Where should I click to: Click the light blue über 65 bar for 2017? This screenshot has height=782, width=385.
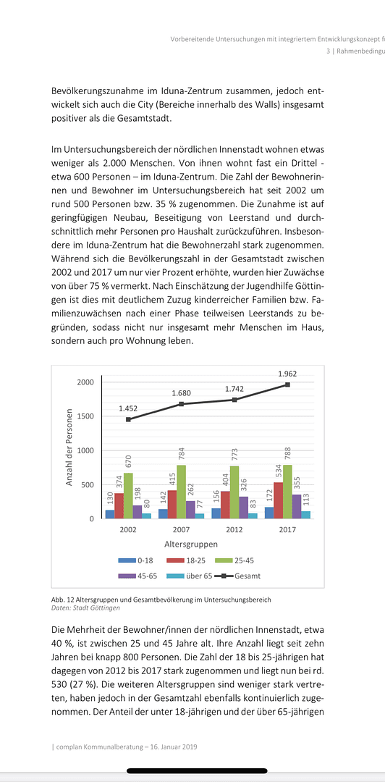pyautogui.click(x=306, y=515)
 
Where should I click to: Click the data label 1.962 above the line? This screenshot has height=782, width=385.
pyautogui.click(x=287, y=374)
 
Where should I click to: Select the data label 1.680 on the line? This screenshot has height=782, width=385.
pyautogui.click(x=181, y=393)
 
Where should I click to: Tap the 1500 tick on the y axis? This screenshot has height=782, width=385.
pyautogui.click(x=86, y=416)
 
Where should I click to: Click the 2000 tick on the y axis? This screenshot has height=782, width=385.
pyautogui.click(x=86, y=382)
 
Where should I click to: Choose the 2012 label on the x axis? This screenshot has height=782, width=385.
pyautogui.click(x=234, y=530)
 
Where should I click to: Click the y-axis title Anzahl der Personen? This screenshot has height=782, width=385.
pyautogui.click(x=69, y=447)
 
